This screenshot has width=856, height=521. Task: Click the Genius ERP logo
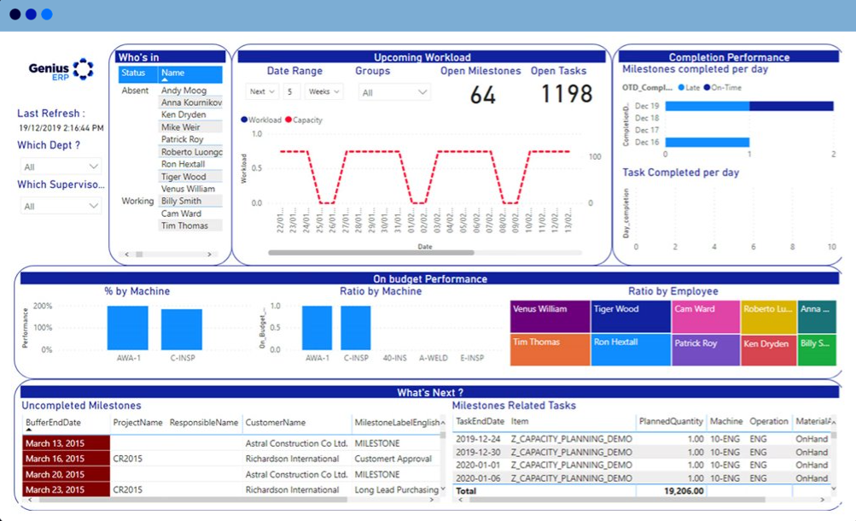coord(61,69)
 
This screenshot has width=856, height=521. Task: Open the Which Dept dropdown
coord(61,167)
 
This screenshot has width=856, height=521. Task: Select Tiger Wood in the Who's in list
coord(183,177)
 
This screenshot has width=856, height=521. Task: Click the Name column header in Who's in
coord(189,73)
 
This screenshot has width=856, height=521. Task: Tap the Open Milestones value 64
coord(482,95)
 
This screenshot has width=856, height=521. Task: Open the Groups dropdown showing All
coord(393,92)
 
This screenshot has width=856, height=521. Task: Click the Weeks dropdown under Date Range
coord(324,91)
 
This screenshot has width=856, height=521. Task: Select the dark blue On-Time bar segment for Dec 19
coord(791,106)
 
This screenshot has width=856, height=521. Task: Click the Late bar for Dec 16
coord(707,143)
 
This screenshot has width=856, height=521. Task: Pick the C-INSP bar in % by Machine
coord(181,330)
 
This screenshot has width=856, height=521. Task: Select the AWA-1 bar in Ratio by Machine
coord(317,328)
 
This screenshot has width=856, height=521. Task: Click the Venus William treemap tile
coord(550,316)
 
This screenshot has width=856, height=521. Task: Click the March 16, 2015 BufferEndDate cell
coord(66,460)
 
